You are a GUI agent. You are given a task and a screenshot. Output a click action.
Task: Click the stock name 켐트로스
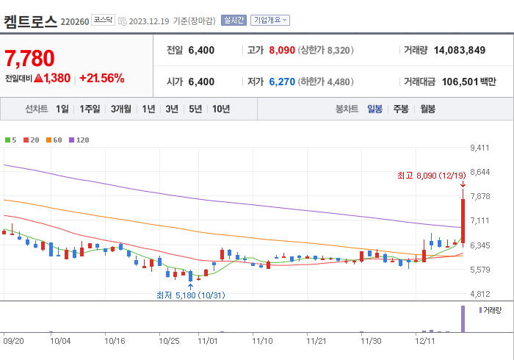click(30, 21)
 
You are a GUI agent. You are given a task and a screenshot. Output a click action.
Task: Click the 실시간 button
click(234, 21)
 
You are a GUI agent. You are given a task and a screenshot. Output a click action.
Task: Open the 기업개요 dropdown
click(269, 21)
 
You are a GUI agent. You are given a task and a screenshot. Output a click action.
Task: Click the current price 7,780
click(30, 58)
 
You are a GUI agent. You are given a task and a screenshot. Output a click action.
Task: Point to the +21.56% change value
click(101, 78)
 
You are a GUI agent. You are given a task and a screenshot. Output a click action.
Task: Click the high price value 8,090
click(283, 50)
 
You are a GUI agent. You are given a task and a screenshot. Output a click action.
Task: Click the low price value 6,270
click(283, 82)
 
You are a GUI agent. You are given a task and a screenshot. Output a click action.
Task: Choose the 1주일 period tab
click(90, 109)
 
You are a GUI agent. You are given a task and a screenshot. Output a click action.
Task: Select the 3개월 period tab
click(121, 109)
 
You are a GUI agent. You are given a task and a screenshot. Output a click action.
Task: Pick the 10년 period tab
click(220, 109)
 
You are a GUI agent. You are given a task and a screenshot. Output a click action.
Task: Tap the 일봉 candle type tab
click(374, 109)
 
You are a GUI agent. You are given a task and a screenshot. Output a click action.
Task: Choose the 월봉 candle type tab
click(427, 109)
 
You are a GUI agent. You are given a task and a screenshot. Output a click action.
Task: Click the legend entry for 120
click(79, 140)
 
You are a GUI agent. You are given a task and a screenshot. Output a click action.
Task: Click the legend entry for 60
click(56, 140)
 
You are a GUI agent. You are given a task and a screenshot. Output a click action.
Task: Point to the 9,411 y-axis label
click(479, 148)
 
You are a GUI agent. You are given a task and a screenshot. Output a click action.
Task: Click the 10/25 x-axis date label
click(169, 341)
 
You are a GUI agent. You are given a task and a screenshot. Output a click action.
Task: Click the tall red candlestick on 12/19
click(463, 219)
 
